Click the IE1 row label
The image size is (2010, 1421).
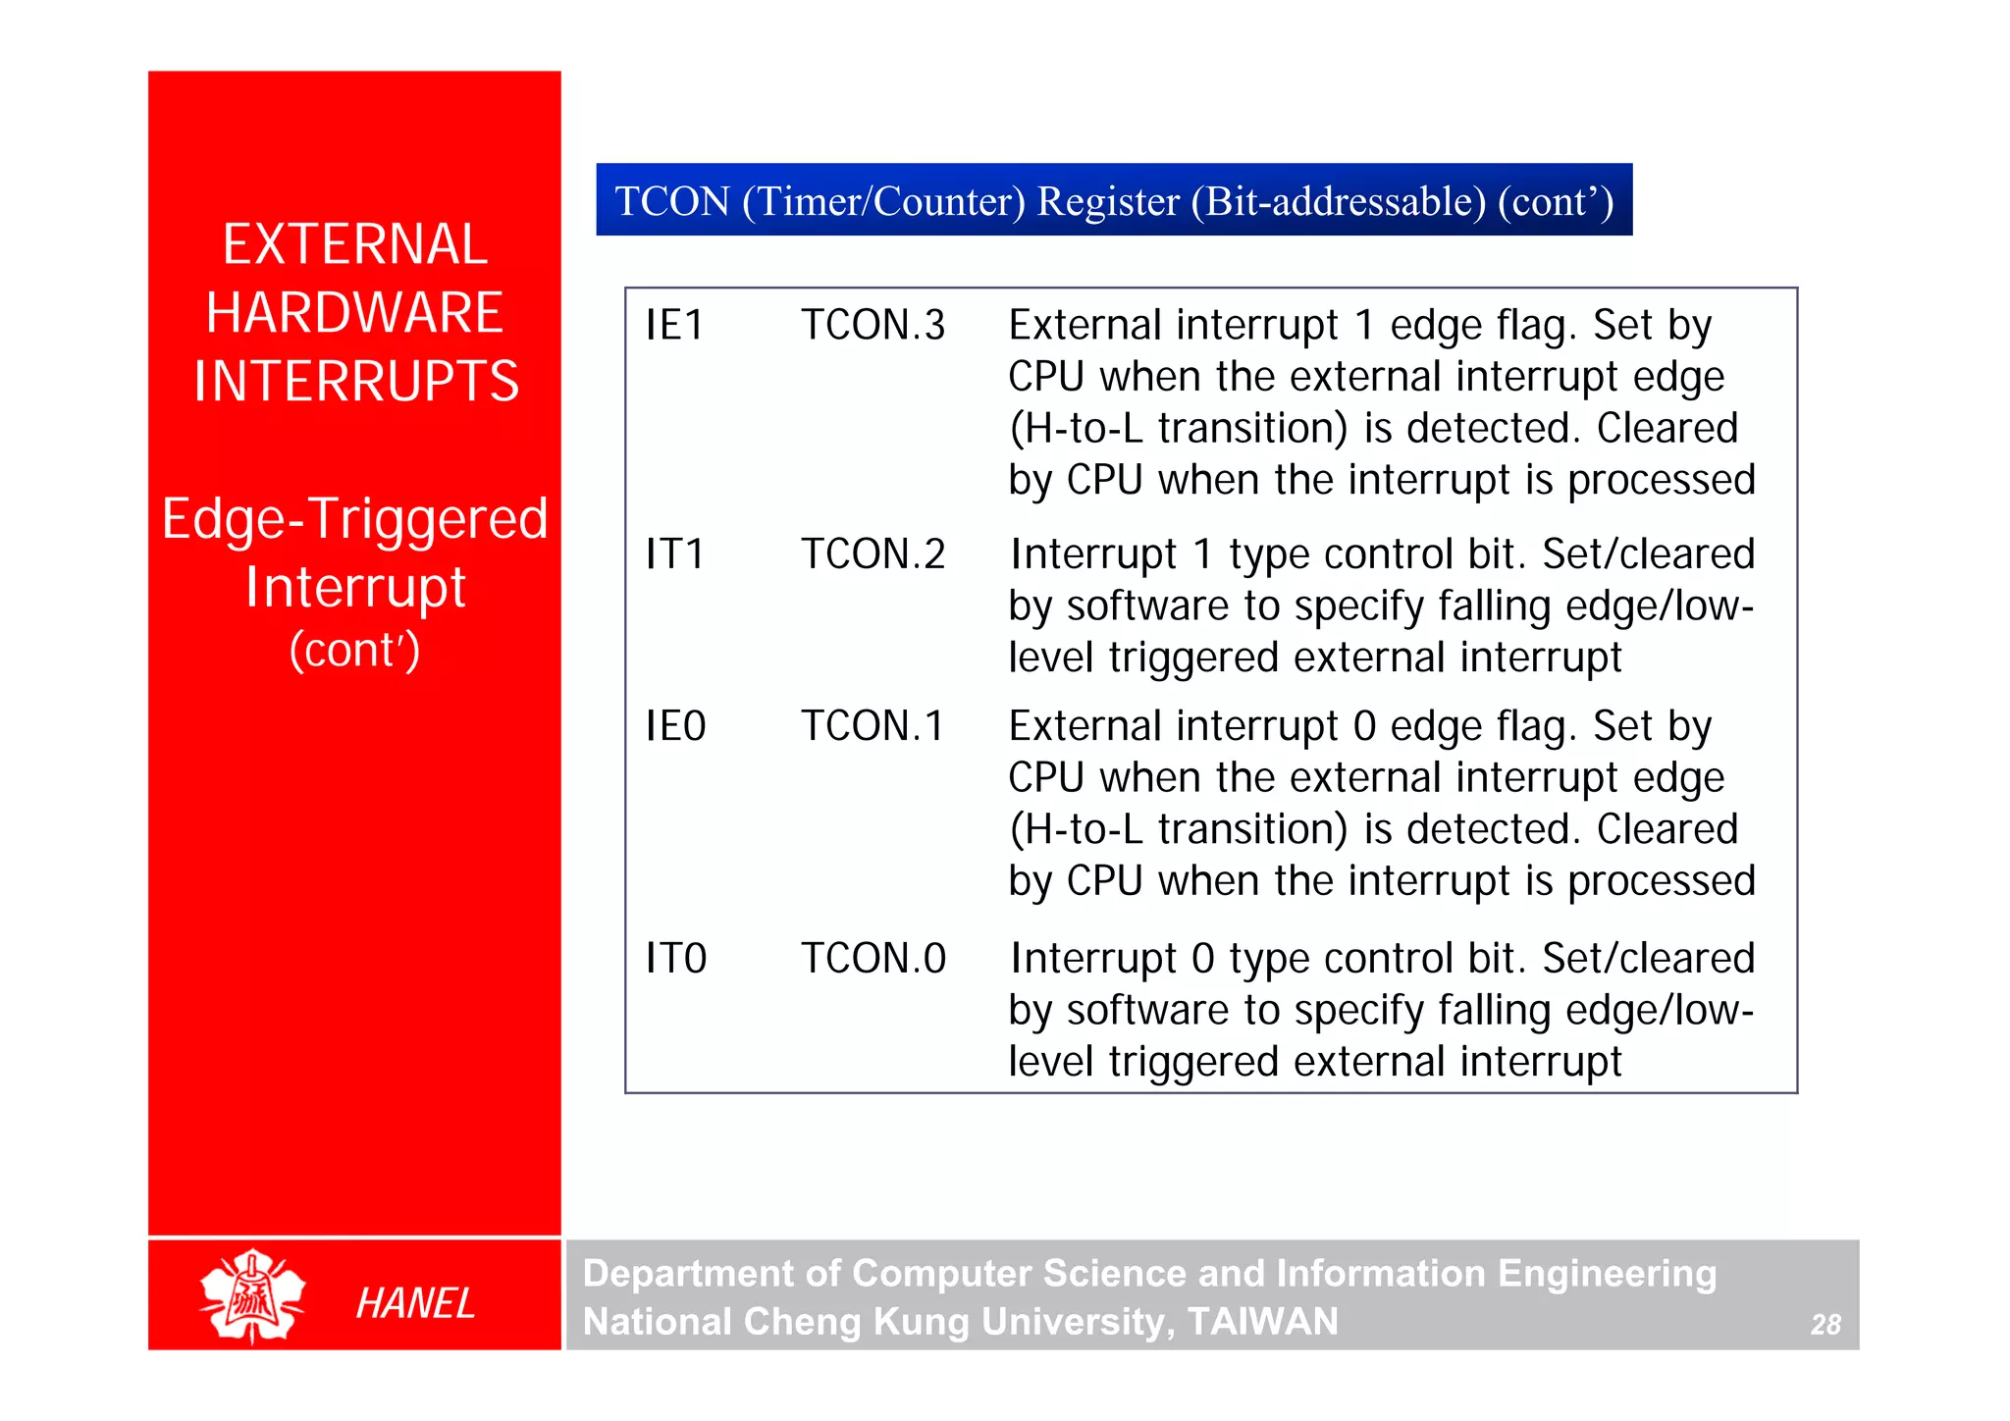coord(675,326)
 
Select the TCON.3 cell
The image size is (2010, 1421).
coord(873,326)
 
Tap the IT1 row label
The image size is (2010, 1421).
coord(675,554)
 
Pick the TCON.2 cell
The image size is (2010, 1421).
coord(873,554)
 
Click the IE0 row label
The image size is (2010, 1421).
coord(675,727)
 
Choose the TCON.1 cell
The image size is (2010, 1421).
coord(873,727)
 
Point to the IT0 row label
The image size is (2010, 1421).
coord(675,959)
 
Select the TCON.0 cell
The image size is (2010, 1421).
coord(873,959)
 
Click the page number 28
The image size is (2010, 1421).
coord(1825,1325)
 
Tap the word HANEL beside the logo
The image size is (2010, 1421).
coord(415,1304)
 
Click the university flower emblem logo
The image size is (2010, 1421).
coord(252,1296)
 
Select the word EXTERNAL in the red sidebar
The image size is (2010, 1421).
coord(354,244)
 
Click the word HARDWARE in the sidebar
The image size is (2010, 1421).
coord(354,313)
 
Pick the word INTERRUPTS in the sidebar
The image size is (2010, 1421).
coord(355,382)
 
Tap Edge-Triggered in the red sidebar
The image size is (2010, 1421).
coord(354,519)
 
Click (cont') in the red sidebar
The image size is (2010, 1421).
coord(354,650)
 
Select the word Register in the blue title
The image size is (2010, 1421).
coord(1108,201)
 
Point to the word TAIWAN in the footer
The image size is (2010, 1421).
coord(1262,1322)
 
